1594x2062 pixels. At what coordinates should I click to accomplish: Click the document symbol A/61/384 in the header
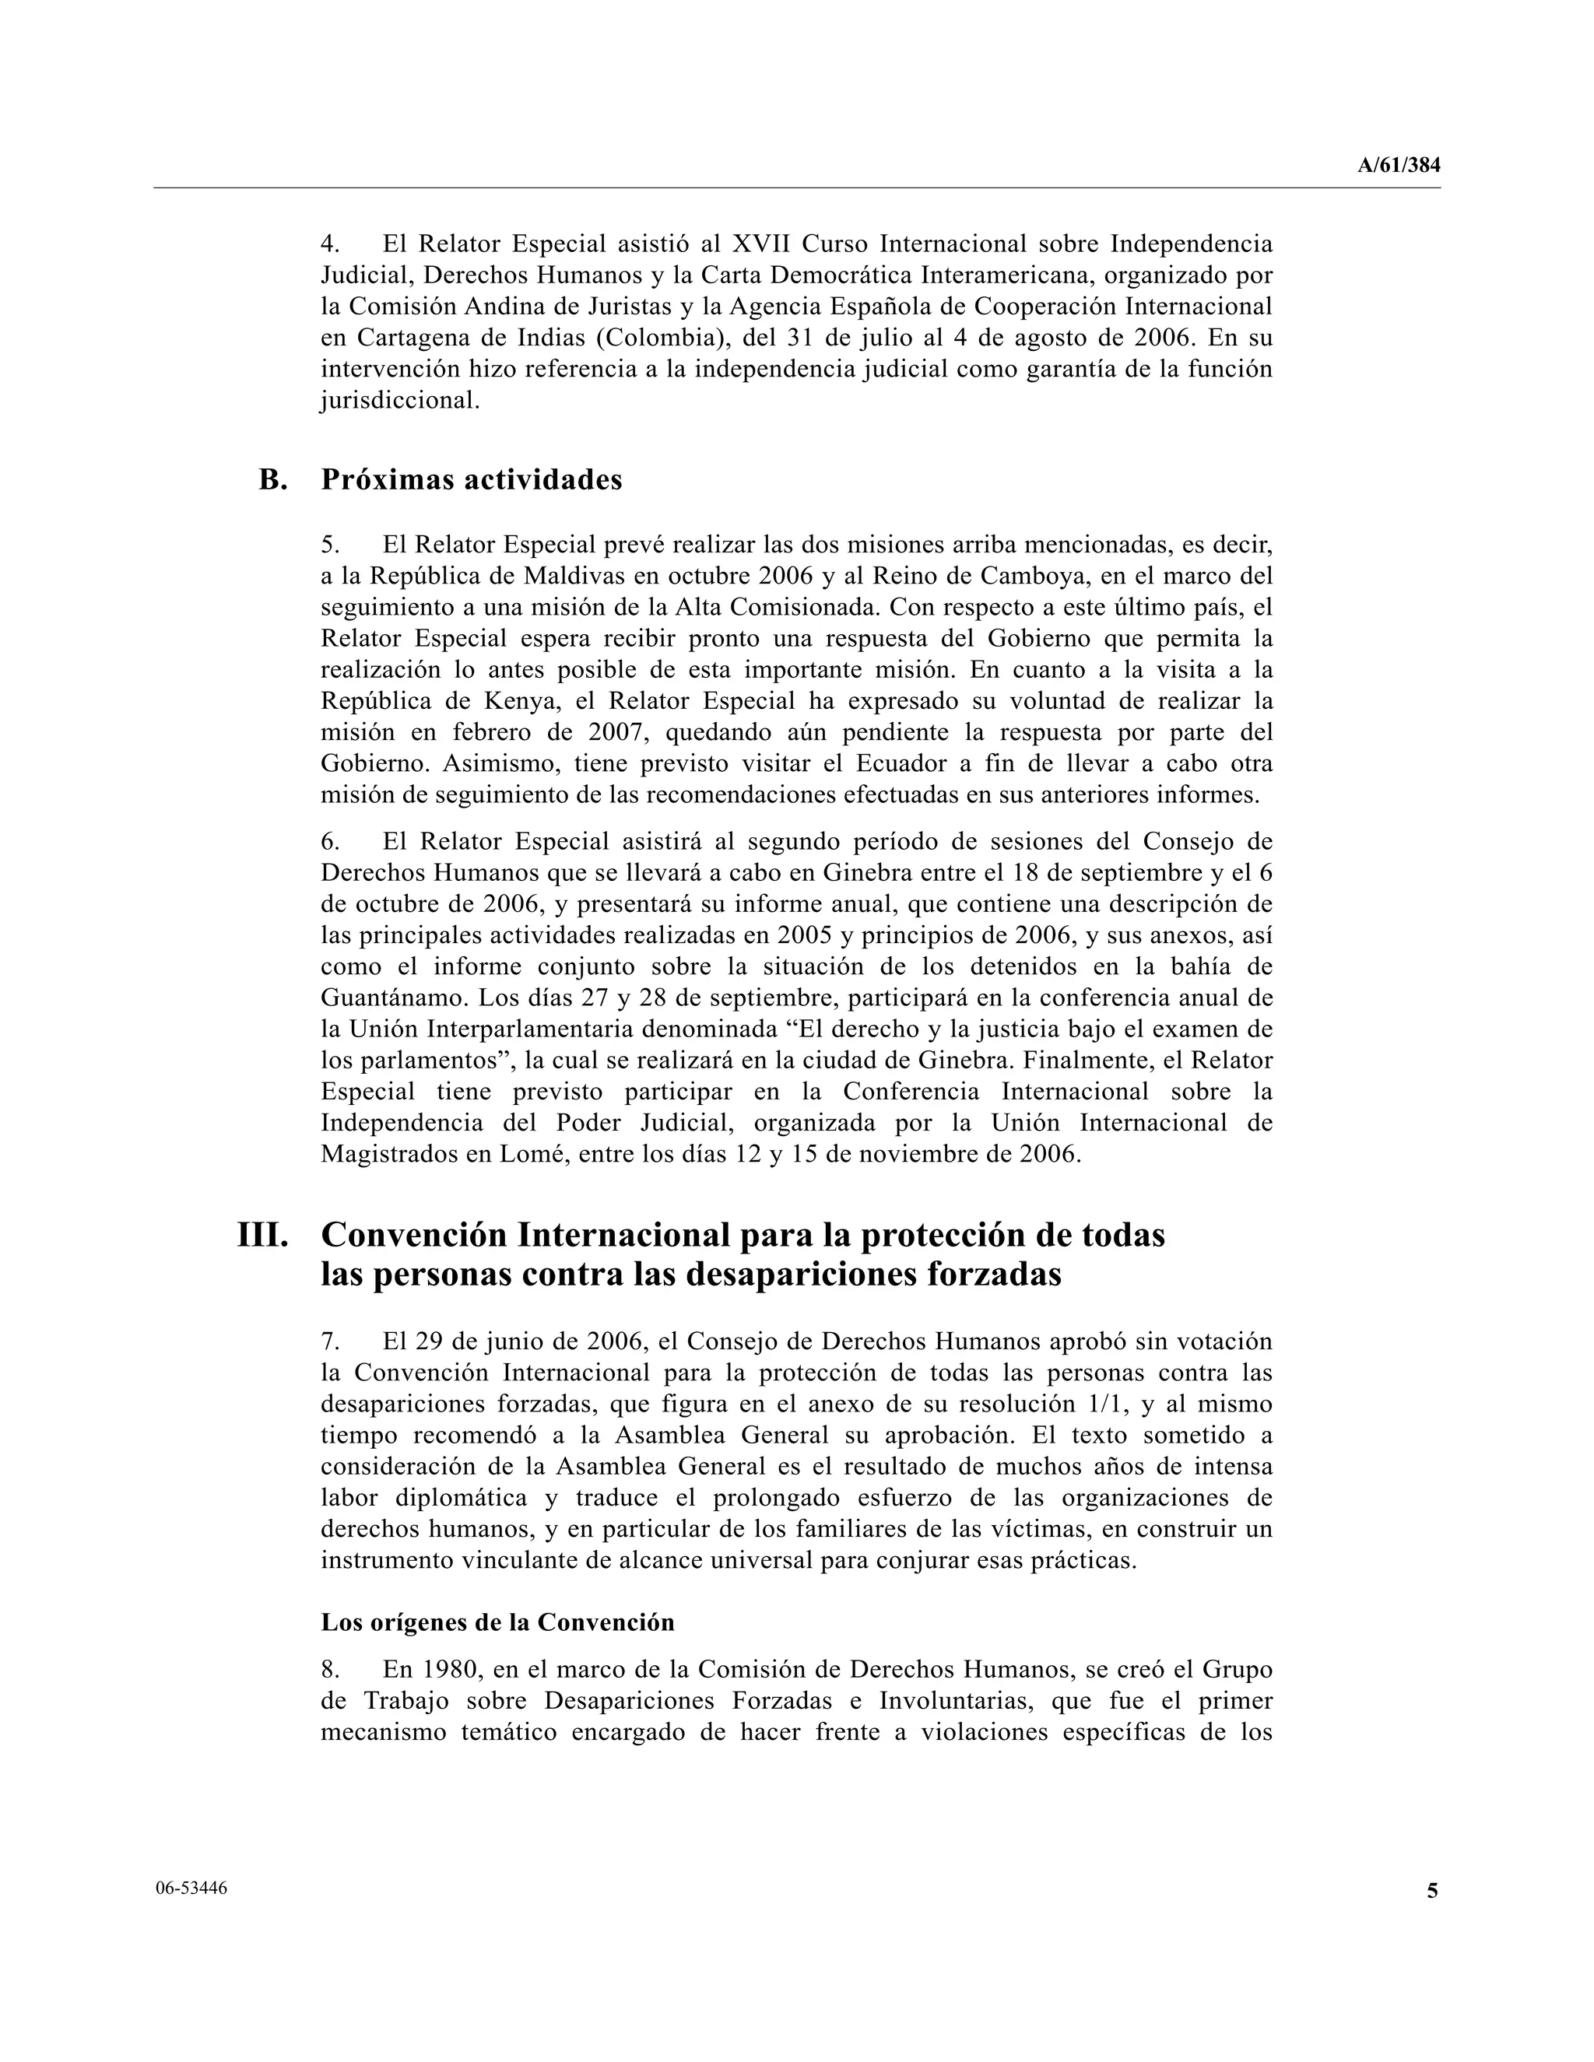(x=1399, y=165)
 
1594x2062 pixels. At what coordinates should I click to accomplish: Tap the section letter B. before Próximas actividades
(x=273, y=479)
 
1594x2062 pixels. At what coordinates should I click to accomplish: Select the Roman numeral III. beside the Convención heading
(x=262, y=1235)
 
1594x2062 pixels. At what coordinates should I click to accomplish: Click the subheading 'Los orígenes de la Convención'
(x=497, y=1622)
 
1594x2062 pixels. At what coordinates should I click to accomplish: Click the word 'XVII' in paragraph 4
(x=761, y=244)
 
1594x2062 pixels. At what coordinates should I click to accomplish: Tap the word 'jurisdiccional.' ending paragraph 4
(x=400, y=399)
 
